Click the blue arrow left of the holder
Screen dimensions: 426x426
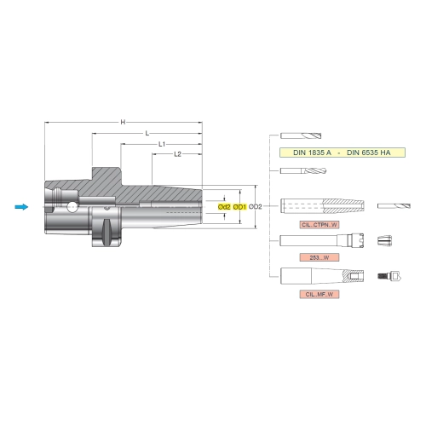coord(21,207)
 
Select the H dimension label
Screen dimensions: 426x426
coord(123,122)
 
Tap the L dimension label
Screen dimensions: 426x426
coord(147,133)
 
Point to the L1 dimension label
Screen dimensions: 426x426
coord(162,144)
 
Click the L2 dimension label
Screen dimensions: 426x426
coord(177,154)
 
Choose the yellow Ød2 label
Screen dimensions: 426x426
coord(224,207)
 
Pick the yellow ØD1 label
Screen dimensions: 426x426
coord(239,207)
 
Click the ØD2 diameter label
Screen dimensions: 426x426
coord(255,207)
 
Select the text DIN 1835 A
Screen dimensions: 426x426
coord(312,153)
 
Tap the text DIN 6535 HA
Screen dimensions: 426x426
coord(369,153)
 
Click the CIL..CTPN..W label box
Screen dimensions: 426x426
coord(319,225)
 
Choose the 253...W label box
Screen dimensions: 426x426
coord(319,257)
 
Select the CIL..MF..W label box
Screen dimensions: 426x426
coord(319,294)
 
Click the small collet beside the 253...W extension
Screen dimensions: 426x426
coord(384,241)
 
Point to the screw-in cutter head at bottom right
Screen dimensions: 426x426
coord(389,275)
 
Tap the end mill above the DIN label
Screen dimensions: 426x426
coord(301,135)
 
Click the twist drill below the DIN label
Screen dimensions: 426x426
coord(303,170)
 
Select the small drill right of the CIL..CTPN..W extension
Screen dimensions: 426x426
coord(394,206)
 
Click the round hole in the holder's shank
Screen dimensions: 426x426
coord(72,207)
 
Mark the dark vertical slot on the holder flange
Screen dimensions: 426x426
coord(106,233)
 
